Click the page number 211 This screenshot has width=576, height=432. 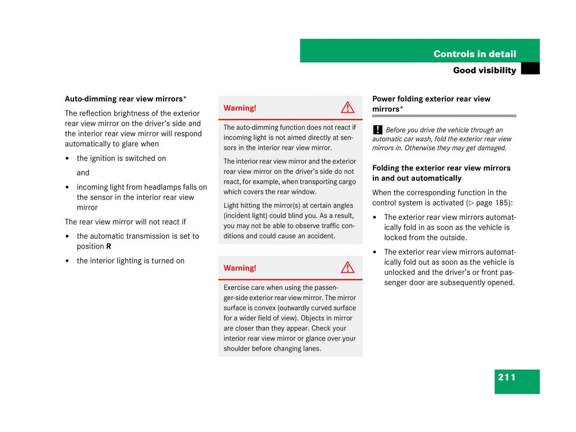click(507, 377)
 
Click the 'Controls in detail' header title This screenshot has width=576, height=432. click(475, 54)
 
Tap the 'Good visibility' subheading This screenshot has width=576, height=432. click(484, 70)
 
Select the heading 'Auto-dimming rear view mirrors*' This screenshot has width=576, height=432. click(126, 99)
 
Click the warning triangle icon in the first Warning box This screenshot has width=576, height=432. click(348, 108)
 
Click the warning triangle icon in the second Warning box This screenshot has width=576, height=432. click(348, 267)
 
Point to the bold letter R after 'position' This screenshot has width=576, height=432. click(108, 246)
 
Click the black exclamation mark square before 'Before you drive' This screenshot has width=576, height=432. click(378, 130)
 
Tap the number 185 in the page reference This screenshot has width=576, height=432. click(501, 203)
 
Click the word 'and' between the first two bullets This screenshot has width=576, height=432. click(83, 173)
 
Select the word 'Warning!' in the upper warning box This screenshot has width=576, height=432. click(240, 108)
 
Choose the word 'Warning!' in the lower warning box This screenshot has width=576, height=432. click(240, 268)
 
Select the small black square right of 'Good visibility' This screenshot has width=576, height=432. click(530, 69)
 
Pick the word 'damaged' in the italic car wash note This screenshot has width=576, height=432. click(492, 148)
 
